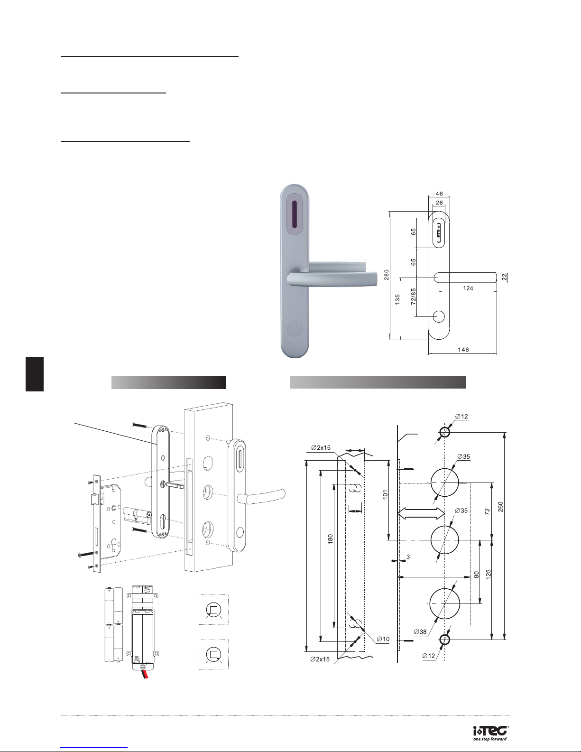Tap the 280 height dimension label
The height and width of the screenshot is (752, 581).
386,275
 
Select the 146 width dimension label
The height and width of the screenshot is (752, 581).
463,350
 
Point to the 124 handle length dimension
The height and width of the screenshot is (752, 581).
468,288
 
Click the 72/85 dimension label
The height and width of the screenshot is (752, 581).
413,296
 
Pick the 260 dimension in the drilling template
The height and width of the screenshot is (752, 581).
500,507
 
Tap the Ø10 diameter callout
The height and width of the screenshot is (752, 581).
383,639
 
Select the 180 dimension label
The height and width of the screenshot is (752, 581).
330,539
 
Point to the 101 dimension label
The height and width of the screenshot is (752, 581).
386,494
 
